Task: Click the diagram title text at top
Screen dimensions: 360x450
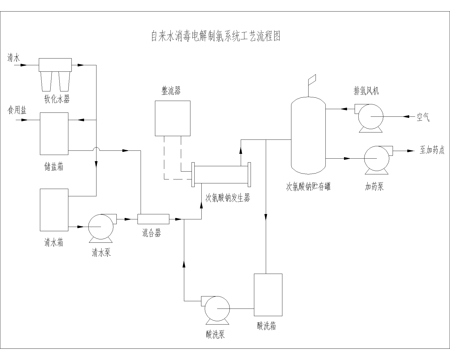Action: coord(216,36)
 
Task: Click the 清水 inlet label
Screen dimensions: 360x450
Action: coord(13,58)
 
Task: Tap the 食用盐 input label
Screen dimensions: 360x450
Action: coord(17,110)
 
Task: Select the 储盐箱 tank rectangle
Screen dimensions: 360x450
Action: coord(54,134)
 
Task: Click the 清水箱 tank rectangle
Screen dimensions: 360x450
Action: coord(54,210)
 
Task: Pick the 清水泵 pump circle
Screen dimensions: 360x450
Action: coord(101,227)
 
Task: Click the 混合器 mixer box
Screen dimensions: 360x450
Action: coord(153,219)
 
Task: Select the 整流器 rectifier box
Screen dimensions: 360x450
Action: coord(172,118)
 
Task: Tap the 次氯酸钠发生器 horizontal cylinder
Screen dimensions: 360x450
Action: coord(221,174)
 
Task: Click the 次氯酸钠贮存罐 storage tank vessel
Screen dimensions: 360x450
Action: coord(308,135)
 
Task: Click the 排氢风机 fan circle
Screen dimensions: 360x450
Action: coord(370,116)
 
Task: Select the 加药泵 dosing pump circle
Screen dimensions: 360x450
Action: coord(377,158)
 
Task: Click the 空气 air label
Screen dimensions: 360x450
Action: coord(423,117)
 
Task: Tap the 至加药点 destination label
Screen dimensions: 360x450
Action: coord(432,150)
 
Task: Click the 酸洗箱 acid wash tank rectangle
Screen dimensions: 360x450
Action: coord(268,294)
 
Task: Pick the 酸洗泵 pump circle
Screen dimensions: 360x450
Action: coord(217,309)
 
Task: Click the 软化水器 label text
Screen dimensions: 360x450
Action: coord(57,99)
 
